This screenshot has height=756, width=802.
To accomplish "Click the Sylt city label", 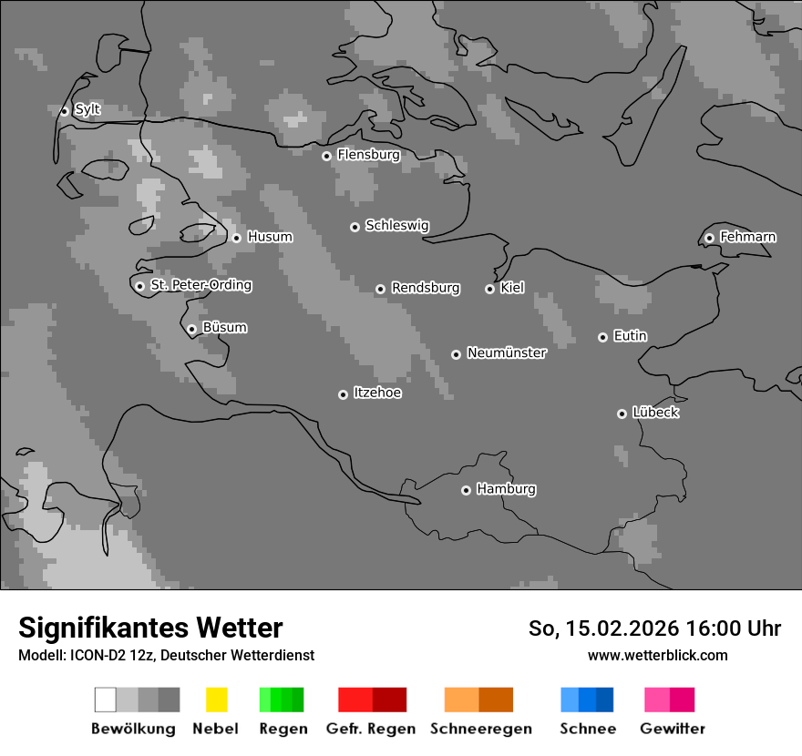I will click(x=87, y=110).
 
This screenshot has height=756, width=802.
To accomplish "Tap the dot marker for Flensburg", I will click(x=326, y=156).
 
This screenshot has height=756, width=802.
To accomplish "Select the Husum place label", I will click(x=270, y=237).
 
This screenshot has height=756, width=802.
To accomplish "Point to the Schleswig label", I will click(x=396, y=226).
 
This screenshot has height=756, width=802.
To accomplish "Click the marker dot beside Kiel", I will click(x=489, y=289).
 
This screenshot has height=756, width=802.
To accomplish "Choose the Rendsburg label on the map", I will click(x=425, y=288).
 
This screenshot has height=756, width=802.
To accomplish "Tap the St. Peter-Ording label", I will click(x=200, y=285).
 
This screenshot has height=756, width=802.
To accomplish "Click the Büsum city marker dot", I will click(x=191, y=329).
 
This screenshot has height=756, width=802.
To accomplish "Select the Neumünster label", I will click(x=507, y=352).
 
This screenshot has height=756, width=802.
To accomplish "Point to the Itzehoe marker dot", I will click(x=343, y=394).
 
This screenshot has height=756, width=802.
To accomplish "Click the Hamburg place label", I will click(x=506, y=489).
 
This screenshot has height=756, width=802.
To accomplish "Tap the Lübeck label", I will click(x=655, y=413).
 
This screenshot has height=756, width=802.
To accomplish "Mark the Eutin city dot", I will click(x=602, y=337).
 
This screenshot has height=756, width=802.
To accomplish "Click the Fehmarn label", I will click(x=747, y=237).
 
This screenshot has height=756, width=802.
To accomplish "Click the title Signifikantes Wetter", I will click(x=150, y=628).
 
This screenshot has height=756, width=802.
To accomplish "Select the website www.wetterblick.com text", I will click(x=657, y=655).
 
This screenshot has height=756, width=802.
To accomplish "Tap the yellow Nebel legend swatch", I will click(x=216, y=700).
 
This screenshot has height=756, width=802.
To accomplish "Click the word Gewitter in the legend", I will click(x=672, y=729).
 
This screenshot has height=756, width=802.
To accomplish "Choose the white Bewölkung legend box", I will click(x=106, y=700).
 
